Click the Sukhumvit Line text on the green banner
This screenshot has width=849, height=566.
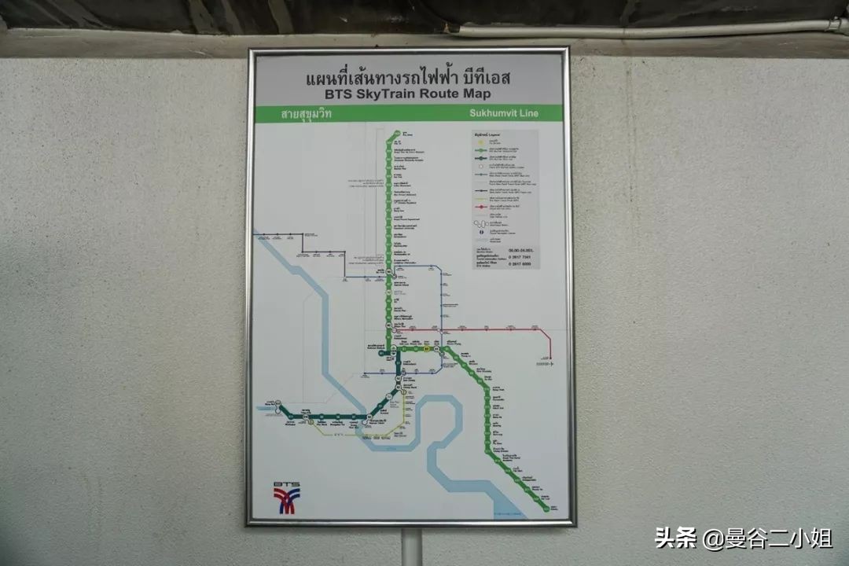(x=504, y=113)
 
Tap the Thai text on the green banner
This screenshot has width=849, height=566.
(x=307, y=113)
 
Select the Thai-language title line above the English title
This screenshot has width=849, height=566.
(x=407, y=78)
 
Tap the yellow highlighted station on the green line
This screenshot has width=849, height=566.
(x=426, y=347)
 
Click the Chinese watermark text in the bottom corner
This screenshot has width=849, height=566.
(x=744, y=538)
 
